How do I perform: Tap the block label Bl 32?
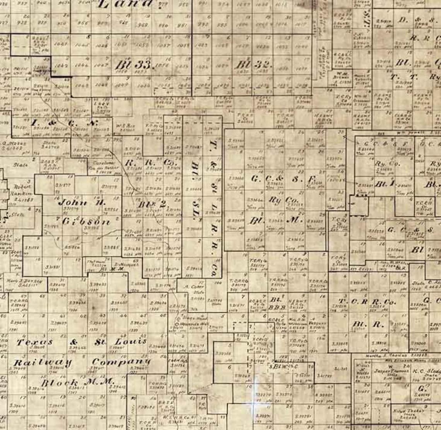(x=253, y=65)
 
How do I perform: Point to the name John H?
(x=82, y=202)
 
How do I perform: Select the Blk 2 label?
(x=152, y=204)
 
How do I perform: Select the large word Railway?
(x=43, y=362)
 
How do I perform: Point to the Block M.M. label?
(x=77, y=382)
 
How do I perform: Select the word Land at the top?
(x=126, y=4)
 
